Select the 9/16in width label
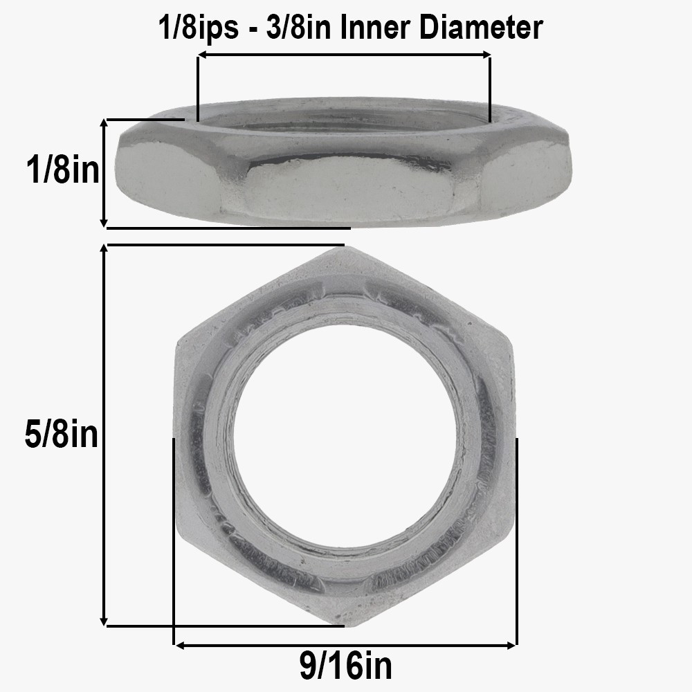point(346,666)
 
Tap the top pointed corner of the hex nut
point(345,247)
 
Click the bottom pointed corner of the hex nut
point(345,625)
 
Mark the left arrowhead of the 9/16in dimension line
point(177,645)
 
